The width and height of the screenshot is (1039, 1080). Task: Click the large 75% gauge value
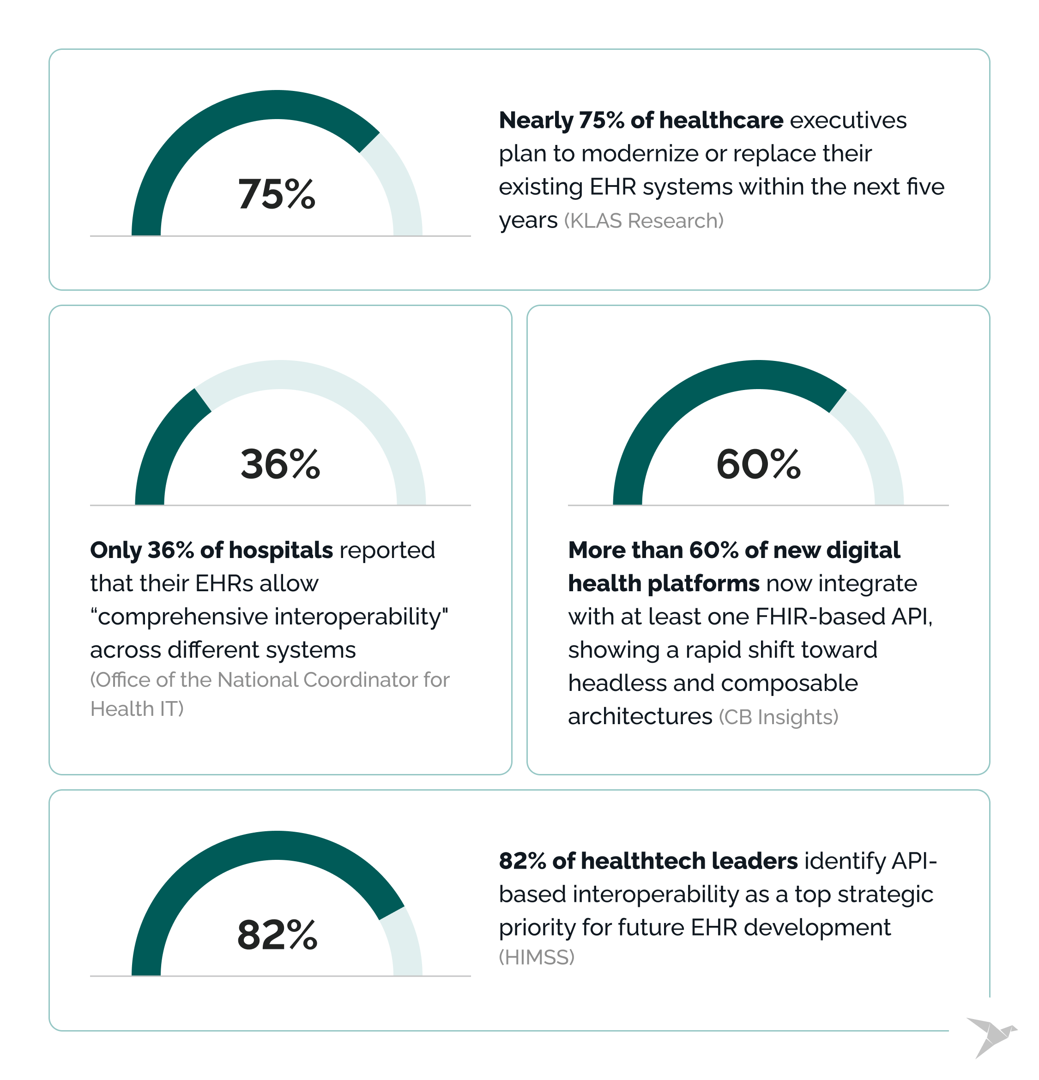[x=276, y=194]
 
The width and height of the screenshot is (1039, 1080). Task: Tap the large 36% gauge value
[x=280, y=464]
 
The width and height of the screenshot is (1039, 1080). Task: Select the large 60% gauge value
[x=758, y=464]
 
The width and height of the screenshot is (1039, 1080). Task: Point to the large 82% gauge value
[x=277, y=935]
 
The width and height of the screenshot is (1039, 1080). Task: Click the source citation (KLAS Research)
[x=643, y=221]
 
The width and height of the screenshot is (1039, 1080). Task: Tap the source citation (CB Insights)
[x=778, y=717]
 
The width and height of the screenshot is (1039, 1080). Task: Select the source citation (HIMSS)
[x=536, y=957]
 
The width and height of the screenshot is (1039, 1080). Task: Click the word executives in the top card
[x=848, y=120]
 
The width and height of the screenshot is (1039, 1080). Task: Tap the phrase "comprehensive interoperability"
[x=269, y=617]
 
